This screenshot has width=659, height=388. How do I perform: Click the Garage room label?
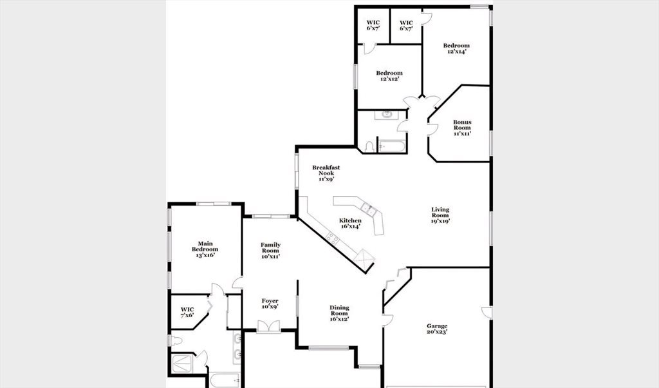437,329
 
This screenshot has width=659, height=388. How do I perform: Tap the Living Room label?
440,215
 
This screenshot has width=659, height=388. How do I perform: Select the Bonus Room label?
462,128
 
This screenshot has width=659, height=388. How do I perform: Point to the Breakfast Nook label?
326,173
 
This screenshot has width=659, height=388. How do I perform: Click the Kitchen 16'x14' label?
350,223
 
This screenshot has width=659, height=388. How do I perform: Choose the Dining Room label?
339,313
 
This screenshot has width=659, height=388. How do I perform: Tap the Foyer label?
270,304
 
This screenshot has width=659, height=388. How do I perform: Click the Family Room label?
270,250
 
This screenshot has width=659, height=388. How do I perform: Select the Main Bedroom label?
205,249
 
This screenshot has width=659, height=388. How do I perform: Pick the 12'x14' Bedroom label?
456,48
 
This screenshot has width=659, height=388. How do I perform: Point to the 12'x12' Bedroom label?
389,76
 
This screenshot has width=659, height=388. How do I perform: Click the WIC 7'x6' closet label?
187,312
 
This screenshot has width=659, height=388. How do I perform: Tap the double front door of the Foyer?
268,327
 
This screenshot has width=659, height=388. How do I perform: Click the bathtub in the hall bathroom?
391,146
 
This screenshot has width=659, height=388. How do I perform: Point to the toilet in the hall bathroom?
369,147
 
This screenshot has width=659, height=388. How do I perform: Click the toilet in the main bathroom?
176,340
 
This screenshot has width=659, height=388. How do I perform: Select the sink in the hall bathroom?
386,115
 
